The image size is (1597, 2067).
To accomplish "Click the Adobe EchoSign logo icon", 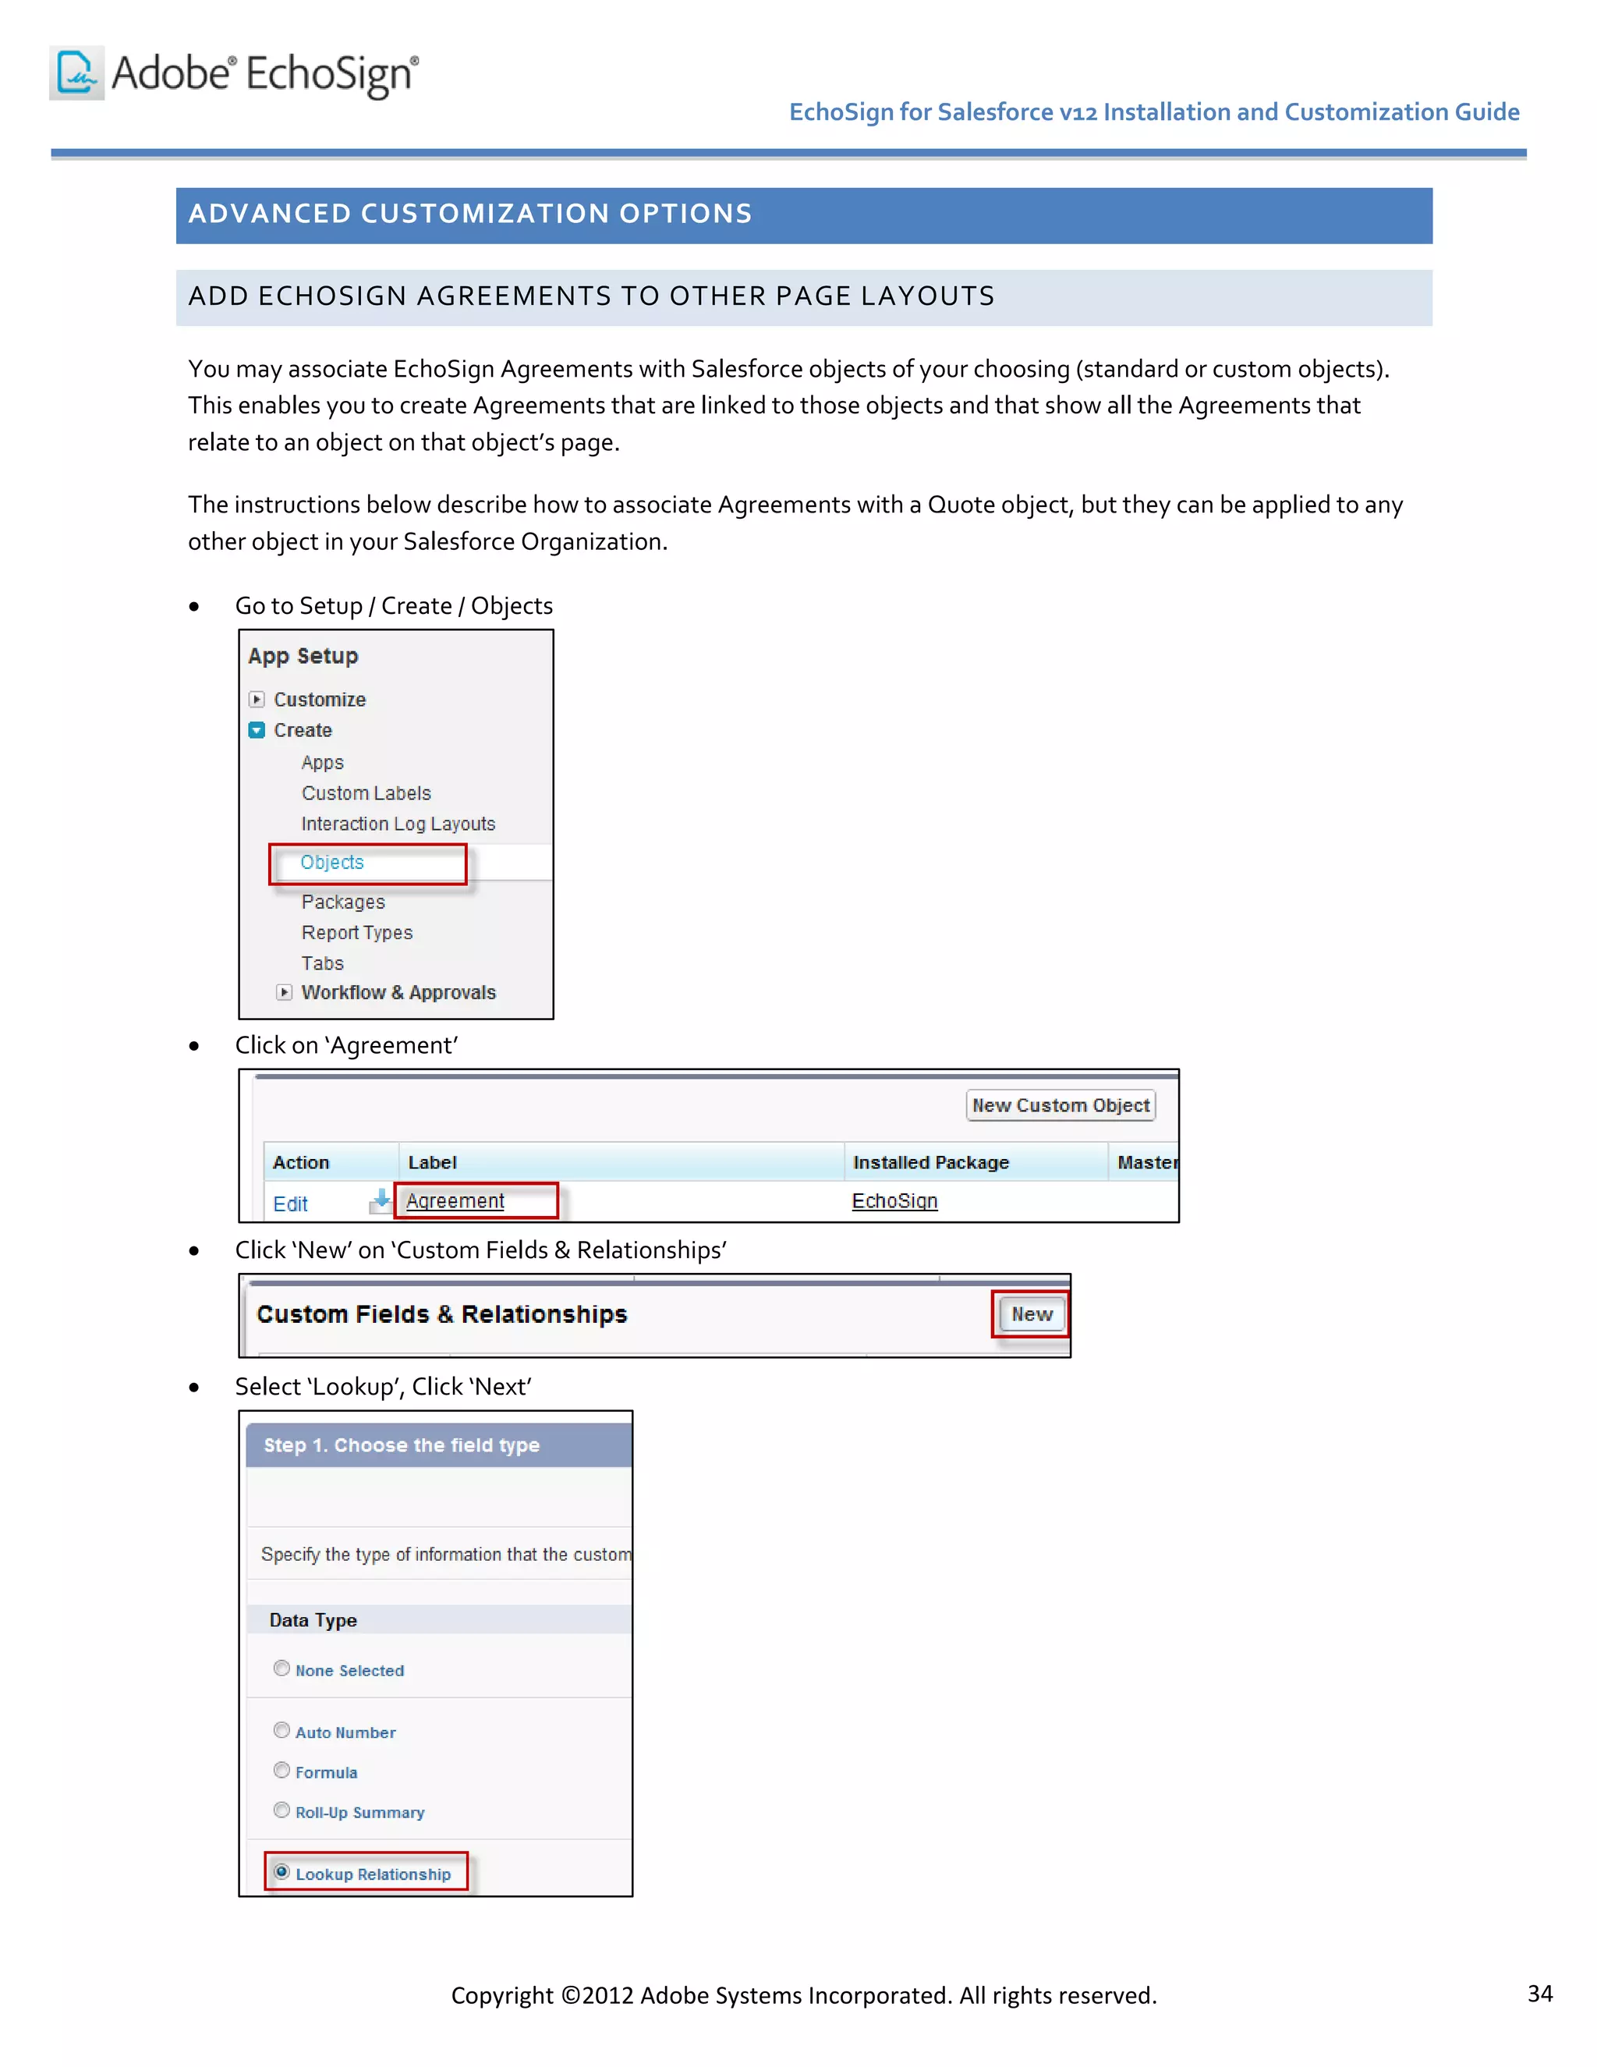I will (76, 73).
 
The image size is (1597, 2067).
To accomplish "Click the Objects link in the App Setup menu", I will (332, 862).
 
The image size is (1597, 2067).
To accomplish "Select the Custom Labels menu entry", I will (366, 793).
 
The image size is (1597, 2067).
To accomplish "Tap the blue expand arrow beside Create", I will (257, 731).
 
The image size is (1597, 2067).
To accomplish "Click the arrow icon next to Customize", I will (257, 700).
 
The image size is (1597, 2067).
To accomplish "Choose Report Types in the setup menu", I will (356, 932).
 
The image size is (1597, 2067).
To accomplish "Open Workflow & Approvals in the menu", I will (398, 992).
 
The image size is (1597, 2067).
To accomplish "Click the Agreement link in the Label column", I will (455, 1201).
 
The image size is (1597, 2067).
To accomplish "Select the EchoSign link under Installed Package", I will (894, 1201).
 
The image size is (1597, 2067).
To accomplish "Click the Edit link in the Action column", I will (290, 1204).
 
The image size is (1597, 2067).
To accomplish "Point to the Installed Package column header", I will (931, 1162).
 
